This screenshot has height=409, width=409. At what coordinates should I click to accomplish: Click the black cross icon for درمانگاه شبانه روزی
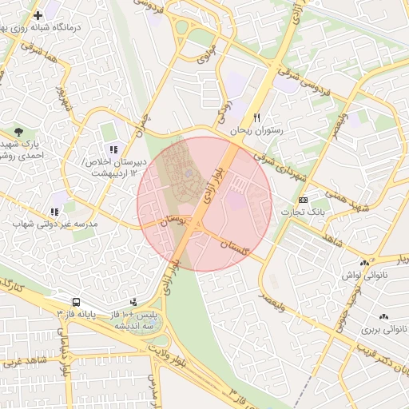point(38,15)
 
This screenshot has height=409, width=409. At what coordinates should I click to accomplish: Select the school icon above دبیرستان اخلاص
point(113,149)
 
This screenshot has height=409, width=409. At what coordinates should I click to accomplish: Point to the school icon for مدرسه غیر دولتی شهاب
point(54,212)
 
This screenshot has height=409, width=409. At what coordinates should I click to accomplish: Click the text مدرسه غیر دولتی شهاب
point(54,224)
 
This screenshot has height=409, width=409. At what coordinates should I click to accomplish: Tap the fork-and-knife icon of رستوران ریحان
point(257,117)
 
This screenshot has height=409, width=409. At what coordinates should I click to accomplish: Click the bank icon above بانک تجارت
point(302,199)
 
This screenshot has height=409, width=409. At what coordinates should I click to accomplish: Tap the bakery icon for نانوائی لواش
point(365,262)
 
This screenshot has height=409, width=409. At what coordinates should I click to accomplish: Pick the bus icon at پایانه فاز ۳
point(76,303)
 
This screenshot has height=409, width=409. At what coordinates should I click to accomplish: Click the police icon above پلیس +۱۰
point(133,302)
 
